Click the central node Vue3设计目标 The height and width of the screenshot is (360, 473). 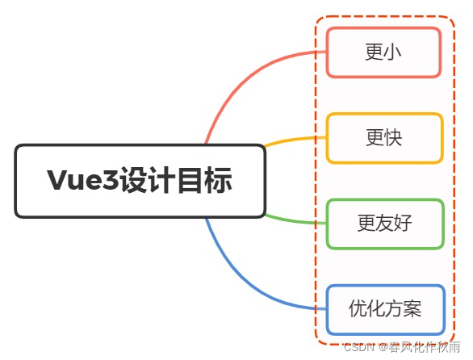(x=140, y=181)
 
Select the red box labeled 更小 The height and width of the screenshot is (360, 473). (x=383, y=52)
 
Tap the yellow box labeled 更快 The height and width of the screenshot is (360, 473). (x=384, y=138)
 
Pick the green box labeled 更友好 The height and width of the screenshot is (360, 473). (x=385, y=224)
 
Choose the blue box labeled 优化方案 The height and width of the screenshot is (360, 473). (x=385, y=309)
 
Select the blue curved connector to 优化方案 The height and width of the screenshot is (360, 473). (x=242, y=283)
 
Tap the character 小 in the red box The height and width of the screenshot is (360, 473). (x=394, y=52)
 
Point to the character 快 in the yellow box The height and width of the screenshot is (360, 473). (x=394, y=138)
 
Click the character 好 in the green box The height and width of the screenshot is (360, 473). (x=403, y=224)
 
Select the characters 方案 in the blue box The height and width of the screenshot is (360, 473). (x=404, y=309)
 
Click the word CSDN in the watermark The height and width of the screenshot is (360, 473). (x=358, y=348)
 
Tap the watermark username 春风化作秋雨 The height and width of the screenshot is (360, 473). (x=425, y=348)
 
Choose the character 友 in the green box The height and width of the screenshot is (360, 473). (x=385, y=224)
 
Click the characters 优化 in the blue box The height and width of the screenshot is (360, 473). (x=366, y=309)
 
